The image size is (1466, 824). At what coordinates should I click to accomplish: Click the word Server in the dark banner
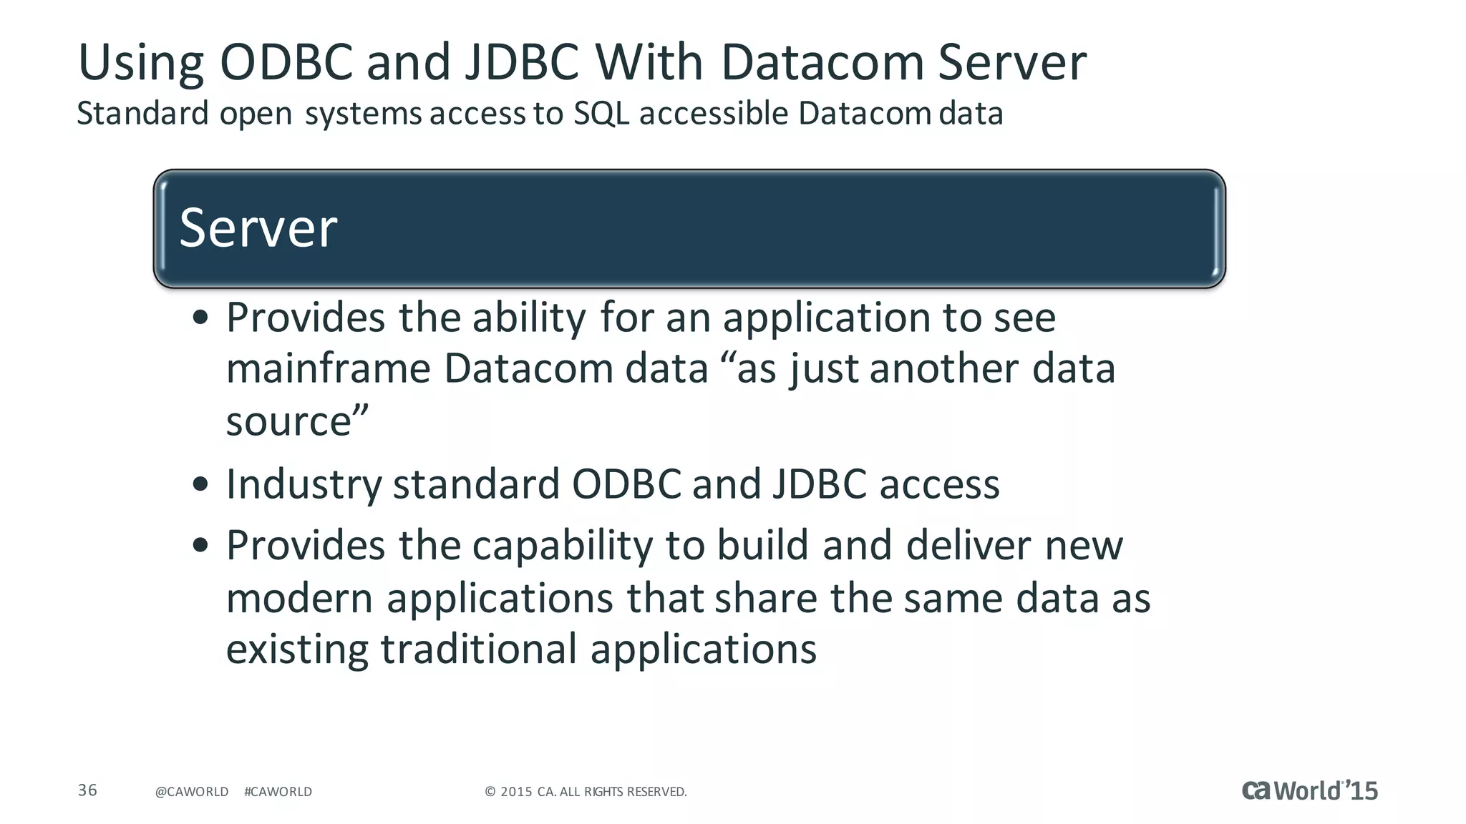(x=258, y=228)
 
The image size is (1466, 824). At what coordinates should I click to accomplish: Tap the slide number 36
(x=87, y=790)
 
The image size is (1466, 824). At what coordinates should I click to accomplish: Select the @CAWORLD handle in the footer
(x=192, y=792)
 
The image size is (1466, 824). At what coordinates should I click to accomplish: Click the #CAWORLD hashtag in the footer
(x=278, y=792)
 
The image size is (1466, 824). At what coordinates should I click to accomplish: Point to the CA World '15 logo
(x=1309, y=790)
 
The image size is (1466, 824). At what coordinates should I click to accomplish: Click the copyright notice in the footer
(x=586, y=792)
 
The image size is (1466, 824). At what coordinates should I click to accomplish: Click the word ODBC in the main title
(x=286, y=62)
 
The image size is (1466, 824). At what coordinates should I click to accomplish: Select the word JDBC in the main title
(x=522, y=62)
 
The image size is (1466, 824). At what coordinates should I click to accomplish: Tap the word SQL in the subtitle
(x=601, y=114)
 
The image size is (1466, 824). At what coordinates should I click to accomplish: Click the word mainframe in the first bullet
(x=329, y=369)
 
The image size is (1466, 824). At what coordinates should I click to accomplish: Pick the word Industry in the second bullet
(x=304, y=485)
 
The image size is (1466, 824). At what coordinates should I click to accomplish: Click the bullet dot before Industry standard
(x=200, y=484)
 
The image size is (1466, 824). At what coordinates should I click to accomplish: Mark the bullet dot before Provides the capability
(x=200, y=545)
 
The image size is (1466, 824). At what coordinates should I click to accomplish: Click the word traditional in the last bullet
(x=478, y=649)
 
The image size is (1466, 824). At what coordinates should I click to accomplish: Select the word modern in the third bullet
(x=300, y=598)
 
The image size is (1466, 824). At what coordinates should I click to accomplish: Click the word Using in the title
(x=141, y=64)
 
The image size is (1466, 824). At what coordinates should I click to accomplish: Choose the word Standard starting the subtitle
(x=142, y=114)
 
